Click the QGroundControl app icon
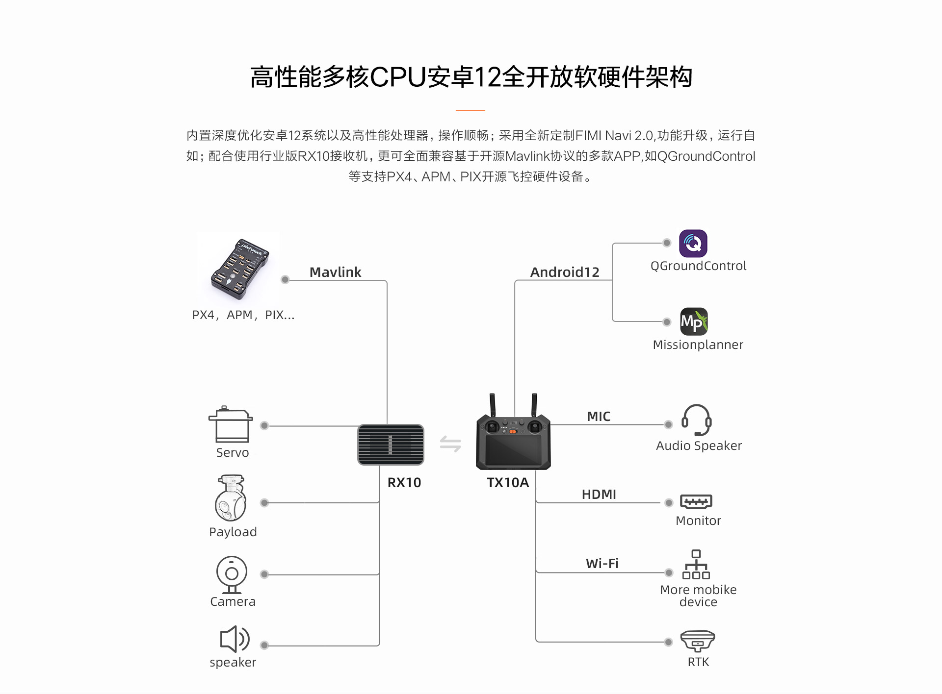[x=693, y=244]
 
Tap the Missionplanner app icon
[x=694, y=322]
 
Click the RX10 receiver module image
[x=391, y=445]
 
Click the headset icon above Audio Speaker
[x=696, y=420]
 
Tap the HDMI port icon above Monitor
[x=696, y=501]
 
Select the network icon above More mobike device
[x=696, y=565]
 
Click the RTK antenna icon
[x=697, y=641]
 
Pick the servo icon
[x=231, y=424]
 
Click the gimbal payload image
[x=231, y=498]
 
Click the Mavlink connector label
[x=335, y=272]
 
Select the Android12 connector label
[x=565, y=272]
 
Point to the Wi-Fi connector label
[x=602, y=564]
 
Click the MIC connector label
[x=599, y=417]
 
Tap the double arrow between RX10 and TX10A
[x=450, y=444]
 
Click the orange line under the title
[x=470, y=110]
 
